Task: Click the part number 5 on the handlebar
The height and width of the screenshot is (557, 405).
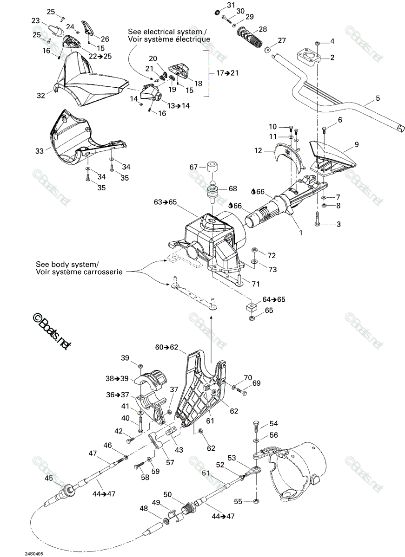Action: click(x=378, y=98)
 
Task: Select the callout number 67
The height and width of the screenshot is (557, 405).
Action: click(x=193, y=167)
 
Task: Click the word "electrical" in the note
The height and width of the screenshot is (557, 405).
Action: click(x=174, y=32)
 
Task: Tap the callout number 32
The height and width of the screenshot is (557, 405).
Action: click(x=41, y=96)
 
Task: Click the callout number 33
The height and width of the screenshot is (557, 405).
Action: click(x=40, y=151)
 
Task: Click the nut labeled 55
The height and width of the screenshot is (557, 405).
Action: click(x=256, y=501)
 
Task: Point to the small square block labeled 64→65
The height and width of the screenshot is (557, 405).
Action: click(x=252, y=308)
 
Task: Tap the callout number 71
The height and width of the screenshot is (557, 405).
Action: click(x=256, y=284)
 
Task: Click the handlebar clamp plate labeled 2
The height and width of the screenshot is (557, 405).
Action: click(x=308, y=57)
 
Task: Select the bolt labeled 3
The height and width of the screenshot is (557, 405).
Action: click(x=317, y=219)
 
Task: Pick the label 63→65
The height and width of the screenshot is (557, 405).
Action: click(x=165, y=202)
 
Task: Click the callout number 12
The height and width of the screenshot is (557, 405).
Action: click(x=258, y=151)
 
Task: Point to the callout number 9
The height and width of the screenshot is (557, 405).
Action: click(x=357, y=144)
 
